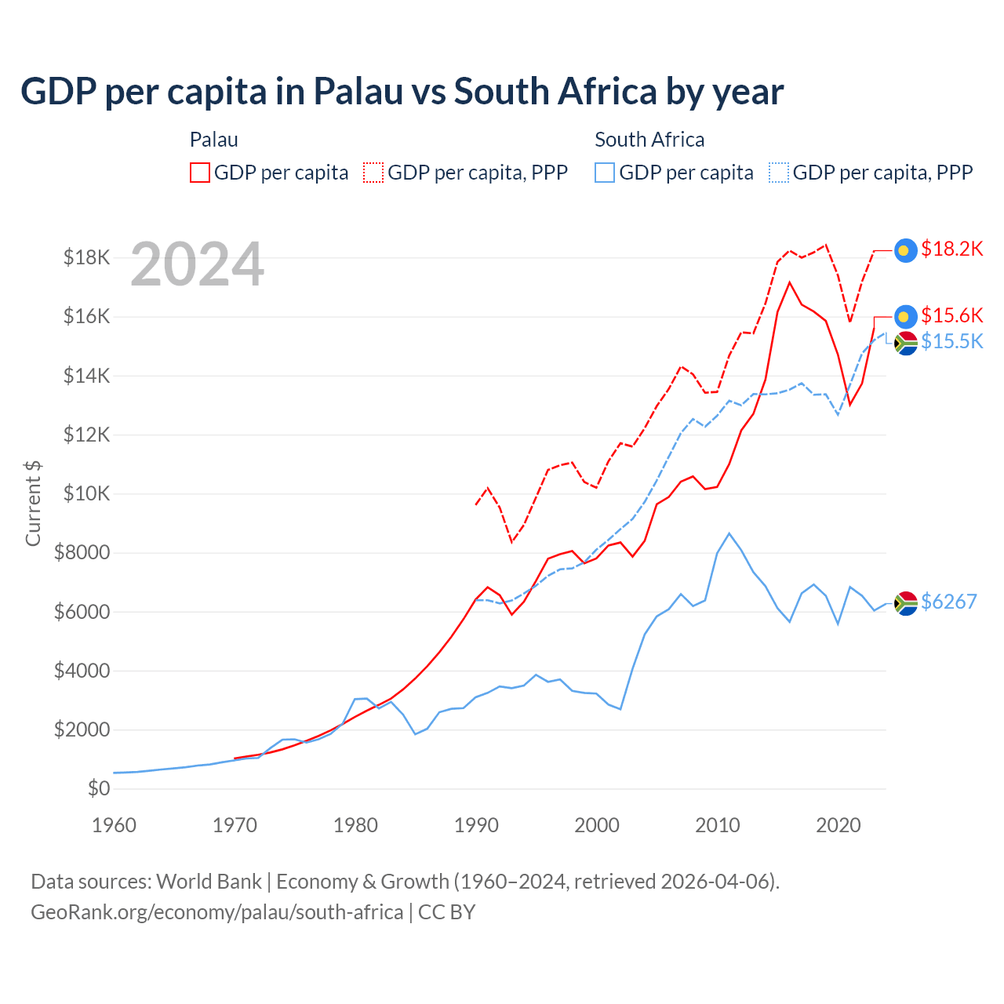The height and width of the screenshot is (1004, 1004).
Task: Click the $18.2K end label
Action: point(951,249)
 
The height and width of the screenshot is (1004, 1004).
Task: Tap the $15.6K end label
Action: point(951,315)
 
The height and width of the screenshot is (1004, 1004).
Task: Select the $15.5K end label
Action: point(951,341)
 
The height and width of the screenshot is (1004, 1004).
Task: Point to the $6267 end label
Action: point(948,602)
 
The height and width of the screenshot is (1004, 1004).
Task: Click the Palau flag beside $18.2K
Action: point(906,250)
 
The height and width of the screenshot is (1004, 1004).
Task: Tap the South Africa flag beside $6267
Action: point(906,602)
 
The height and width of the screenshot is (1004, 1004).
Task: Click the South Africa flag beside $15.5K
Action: point(906,343)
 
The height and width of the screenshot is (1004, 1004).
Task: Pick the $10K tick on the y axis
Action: point(82,493)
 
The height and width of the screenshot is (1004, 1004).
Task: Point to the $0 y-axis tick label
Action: point(98,788)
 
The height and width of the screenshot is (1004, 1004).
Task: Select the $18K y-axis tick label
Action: point(86,257)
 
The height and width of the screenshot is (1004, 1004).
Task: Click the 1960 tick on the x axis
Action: point(115,825)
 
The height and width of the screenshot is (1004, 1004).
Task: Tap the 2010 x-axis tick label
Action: point(718,825)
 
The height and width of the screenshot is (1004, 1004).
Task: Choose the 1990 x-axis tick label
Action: point(476,825)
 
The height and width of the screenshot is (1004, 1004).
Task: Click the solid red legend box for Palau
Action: point(200,173)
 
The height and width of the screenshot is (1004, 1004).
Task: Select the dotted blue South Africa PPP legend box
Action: point(779,173)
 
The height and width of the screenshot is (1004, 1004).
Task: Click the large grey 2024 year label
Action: point(197,265)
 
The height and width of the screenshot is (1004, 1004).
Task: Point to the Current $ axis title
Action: point(33,503)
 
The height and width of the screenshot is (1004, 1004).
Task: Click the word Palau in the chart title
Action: point(358,92)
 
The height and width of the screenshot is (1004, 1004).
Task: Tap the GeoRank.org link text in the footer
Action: point(216,912)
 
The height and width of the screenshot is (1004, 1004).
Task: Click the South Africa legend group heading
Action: point(649,140)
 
